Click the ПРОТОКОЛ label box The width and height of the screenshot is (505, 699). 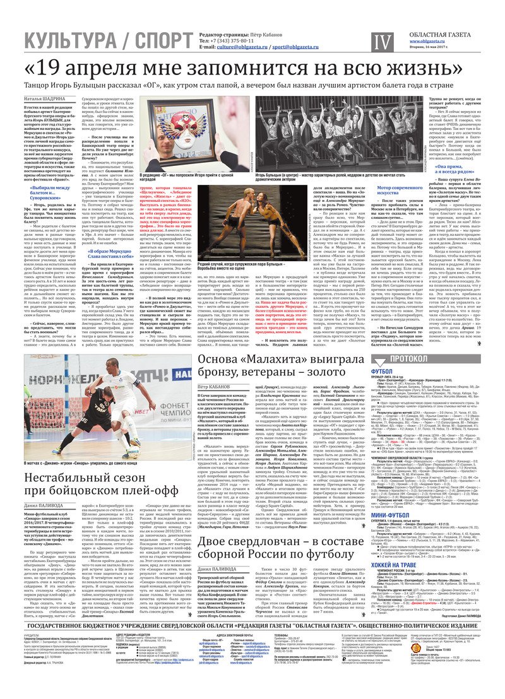coord(414,358)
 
